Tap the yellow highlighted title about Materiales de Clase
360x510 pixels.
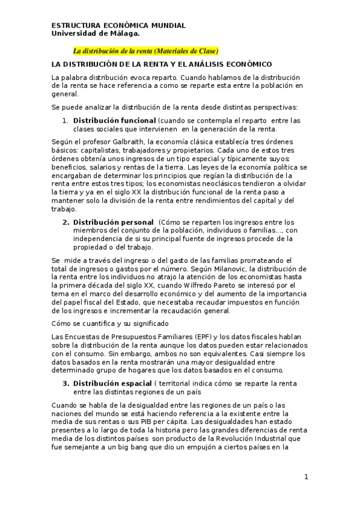(x=145, y=51)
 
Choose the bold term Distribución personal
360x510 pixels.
(x=112, y=223)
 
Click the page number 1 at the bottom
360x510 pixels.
(x=306, y=477)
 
